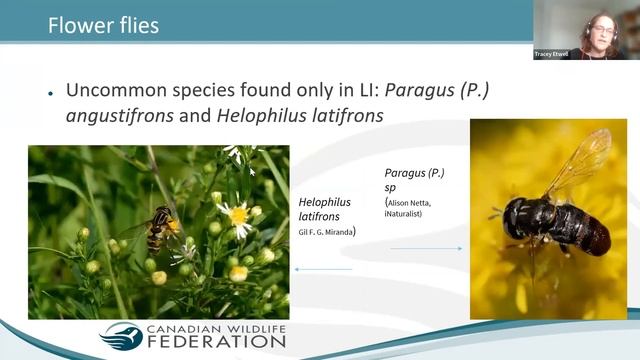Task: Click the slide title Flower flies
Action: (x=103, y=25)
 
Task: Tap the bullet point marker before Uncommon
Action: (x=49, y=91)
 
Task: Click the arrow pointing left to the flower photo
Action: (x=323, y=268)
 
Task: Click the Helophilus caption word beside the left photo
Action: (x=324, y=203)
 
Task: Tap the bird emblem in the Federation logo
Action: (x=121, y=336)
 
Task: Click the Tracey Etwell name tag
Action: (x=552, y=54)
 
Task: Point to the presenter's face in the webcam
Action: (x=602, y=27)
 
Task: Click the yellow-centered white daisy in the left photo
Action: (x=238, y=214)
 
